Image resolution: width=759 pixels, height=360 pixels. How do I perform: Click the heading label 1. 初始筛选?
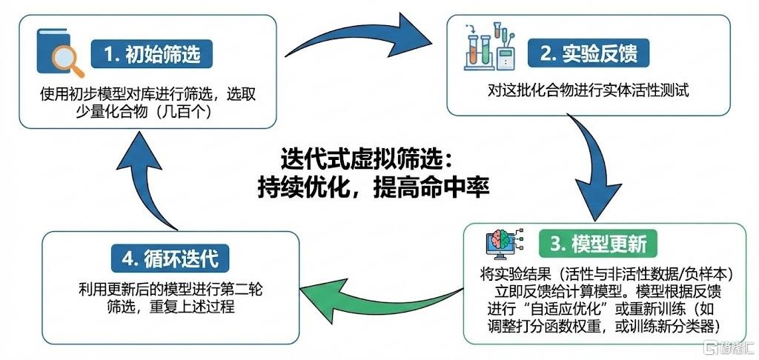point(152,54)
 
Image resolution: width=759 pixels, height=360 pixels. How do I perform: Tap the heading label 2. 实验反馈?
point(588,53)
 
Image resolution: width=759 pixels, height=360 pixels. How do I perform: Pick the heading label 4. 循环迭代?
point(170,259)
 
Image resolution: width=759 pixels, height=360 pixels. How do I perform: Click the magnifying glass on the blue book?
point(67,61)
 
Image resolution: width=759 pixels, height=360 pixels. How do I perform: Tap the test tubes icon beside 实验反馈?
point(489,47)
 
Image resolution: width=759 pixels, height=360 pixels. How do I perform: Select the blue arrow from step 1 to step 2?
point(358,37)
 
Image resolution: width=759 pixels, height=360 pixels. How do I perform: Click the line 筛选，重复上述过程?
point(170,307)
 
